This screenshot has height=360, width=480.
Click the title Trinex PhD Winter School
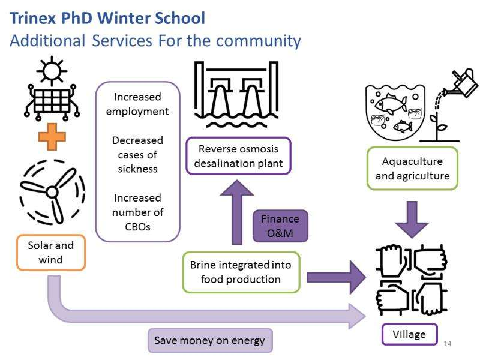pos(107,18)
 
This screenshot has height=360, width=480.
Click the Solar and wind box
pos(51,252)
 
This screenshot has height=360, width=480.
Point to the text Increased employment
pos(137,104)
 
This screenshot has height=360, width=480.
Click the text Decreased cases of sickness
pos(137,154)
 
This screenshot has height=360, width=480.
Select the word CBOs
pos(137,226)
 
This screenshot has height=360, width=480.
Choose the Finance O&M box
pos(280,226)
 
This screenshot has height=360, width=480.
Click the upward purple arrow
pos(238,213)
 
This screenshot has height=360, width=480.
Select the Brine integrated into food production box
pos(241,272)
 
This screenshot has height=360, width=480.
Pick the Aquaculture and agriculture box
pos(412,168)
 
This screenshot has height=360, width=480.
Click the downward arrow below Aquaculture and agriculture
pos(412,219)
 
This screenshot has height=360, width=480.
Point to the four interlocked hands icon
pos(412,280)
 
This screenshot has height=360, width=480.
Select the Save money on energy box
pos(209,340)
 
